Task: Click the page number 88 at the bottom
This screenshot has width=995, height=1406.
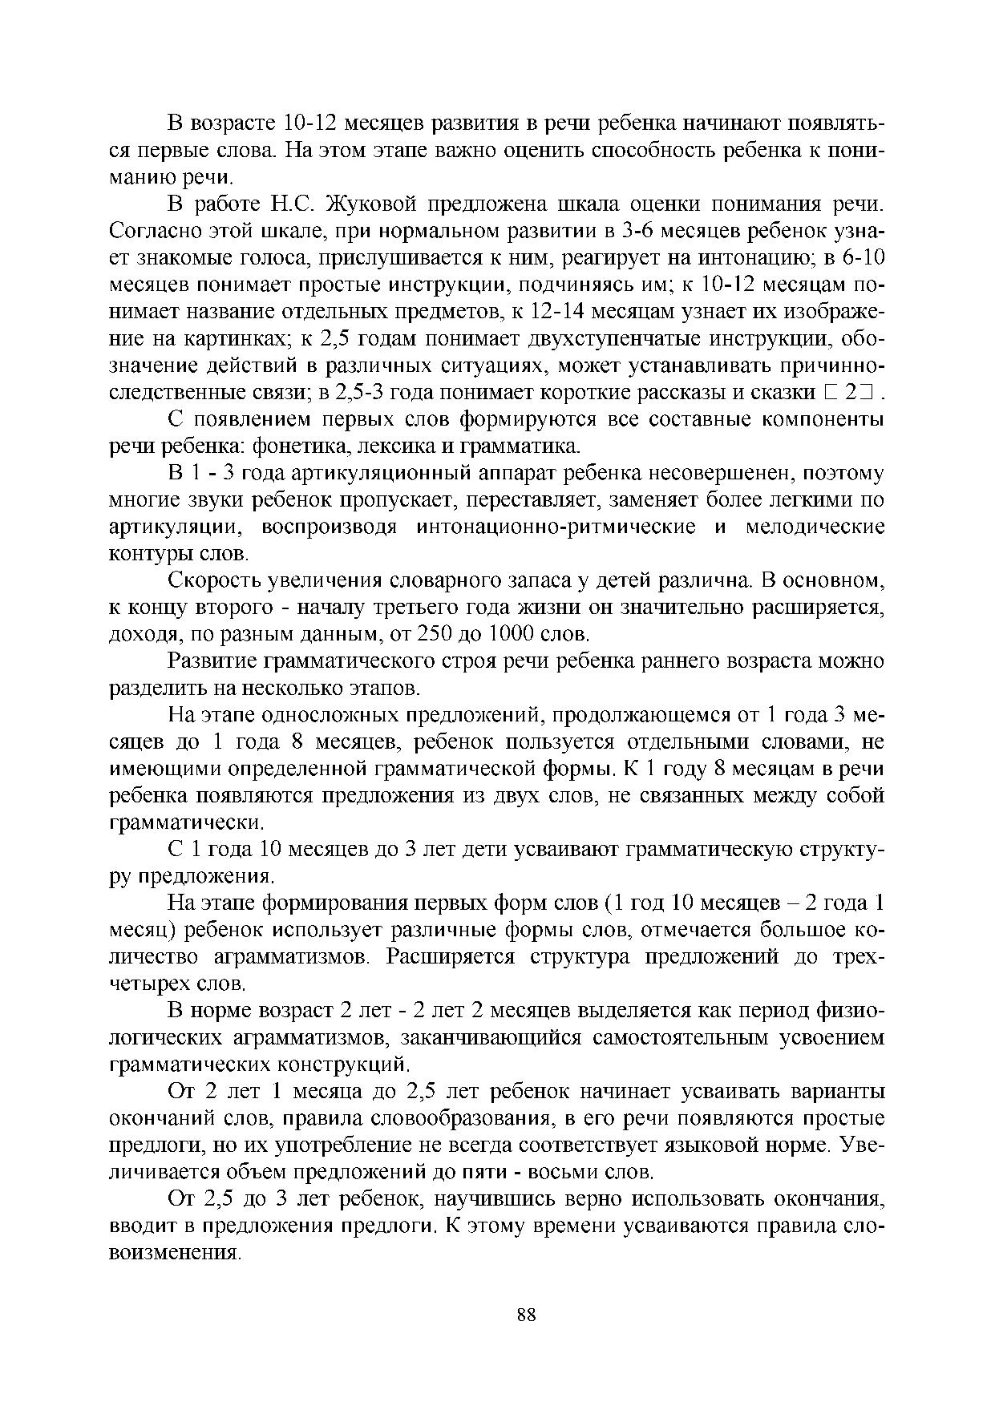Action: click(527, 1315)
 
